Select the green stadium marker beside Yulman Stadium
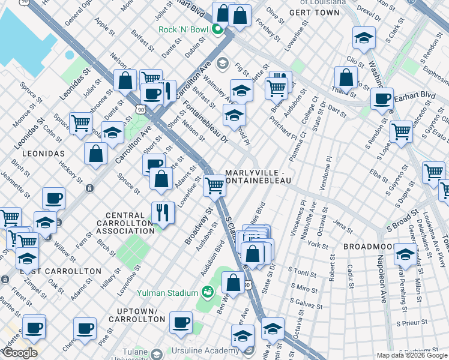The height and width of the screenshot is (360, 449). point(208,292)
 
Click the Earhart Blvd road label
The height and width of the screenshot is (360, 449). point(417,95)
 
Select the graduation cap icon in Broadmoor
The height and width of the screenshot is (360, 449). point(406,254)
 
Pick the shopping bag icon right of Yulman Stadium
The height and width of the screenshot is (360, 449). point(233,282)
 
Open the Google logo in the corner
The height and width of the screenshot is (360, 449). point(19,353)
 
